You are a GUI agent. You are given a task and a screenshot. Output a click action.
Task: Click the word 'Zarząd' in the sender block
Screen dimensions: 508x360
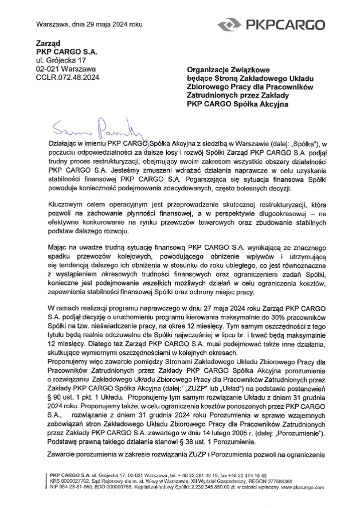[x=48, y=43]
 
